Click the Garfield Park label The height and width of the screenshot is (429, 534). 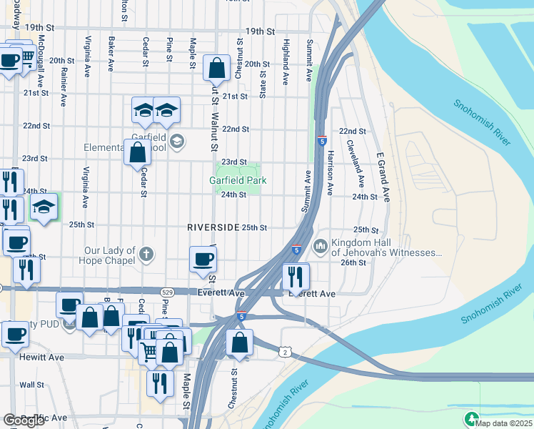(238, 181)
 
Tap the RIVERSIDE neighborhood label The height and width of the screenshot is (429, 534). (213, 227)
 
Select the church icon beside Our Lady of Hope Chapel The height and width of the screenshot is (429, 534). (146, 254)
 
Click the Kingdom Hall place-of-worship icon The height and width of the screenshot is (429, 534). (320, 246)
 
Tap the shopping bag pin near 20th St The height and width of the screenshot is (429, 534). (216, 69)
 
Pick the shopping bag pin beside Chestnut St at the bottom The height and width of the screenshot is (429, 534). (240, 344)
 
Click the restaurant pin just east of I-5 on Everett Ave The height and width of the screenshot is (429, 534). (296, 276)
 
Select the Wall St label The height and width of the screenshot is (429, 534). (27, 385)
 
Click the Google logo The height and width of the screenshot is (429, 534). (24, 420)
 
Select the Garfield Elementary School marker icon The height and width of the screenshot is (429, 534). (177, 141)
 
